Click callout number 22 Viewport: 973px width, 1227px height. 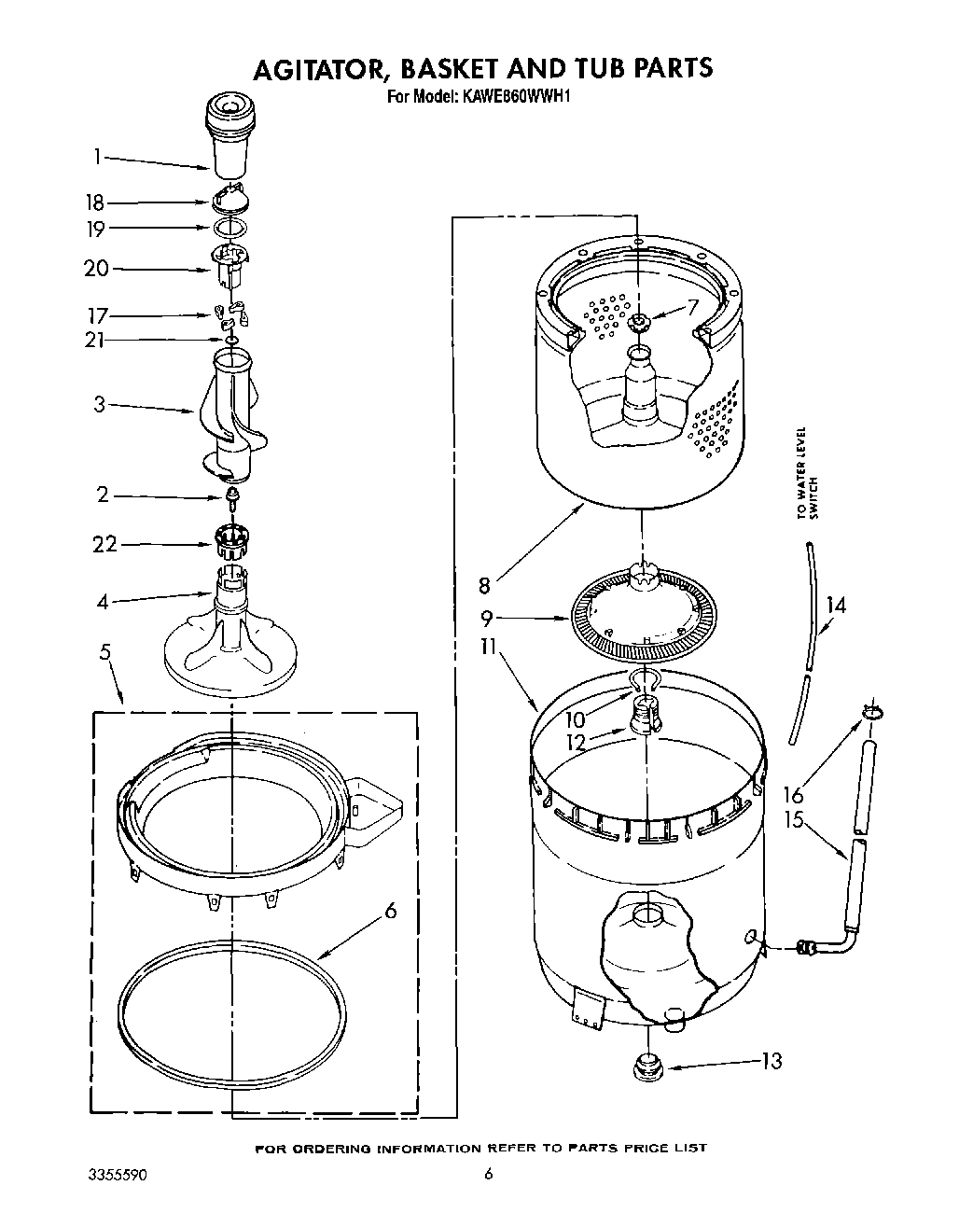104,543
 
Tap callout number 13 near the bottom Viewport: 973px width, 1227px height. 771,1061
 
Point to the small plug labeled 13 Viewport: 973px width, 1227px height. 644,1065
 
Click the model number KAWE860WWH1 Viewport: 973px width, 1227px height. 514,94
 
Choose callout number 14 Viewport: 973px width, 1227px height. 836,605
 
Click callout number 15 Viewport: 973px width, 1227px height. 794,822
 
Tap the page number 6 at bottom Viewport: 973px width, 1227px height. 487,1174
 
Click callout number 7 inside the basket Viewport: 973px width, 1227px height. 691,305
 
